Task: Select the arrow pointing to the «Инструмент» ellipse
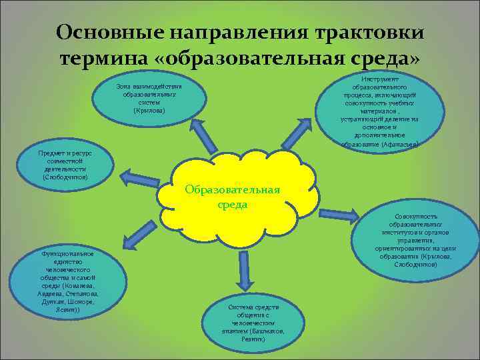coord(297,134)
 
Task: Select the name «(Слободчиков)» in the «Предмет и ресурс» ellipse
coord(65,177)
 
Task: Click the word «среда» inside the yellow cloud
coord(233,205)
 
